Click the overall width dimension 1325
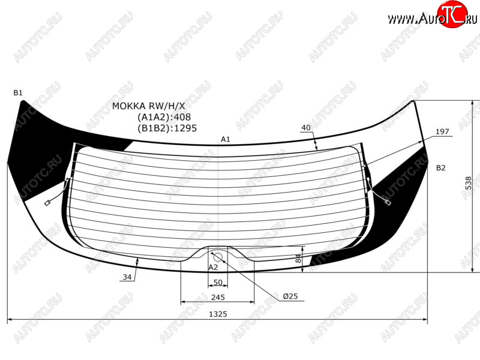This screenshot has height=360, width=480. coord(218,314)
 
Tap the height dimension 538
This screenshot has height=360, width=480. coord(469,183)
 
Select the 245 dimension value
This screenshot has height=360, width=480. coord(218,297)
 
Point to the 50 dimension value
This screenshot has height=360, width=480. coord(218,282)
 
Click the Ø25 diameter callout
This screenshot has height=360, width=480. coord(290,296)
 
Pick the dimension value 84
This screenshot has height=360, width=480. coord(298,258)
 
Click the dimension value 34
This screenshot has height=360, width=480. coord(127,277)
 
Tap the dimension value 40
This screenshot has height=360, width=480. coord(306,128)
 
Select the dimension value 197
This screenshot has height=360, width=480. coord(442,131)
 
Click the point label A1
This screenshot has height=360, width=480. coord(226,139)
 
